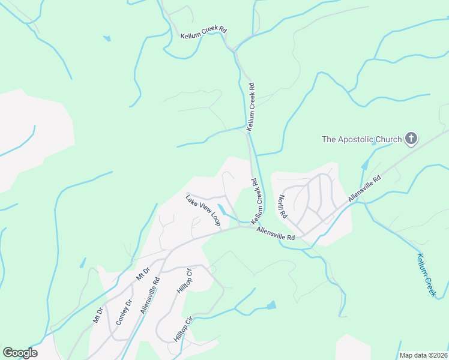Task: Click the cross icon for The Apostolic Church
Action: (411, 139)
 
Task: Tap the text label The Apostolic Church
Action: (361, 140)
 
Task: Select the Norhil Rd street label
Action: (281, 206)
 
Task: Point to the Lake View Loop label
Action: (203, 211)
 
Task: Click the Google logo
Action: (20, 353)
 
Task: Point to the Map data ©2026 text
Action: (423, 355)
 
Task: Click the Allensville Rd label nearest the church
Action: (364, 189)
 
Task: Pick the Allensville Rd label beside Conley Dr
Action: (150, 295)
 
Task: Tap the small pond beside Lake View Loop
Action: (221, 209)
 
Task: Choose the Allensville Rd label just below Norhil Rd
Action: (276, 233)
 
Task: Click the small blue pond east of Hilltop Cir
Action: (271, 305)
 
